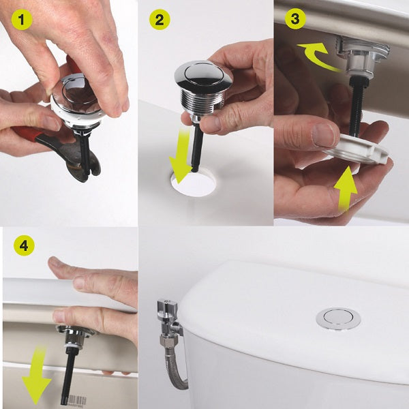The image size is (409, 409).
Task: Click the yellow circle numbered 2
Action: click(160, 20)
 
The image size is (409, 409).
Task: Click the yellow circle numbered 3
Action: click(294, 19)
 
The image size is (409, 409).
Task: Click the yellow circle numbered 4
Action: click(22, 247)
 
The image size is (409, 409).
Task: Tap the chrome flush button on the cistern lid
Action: click(338, 317)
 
